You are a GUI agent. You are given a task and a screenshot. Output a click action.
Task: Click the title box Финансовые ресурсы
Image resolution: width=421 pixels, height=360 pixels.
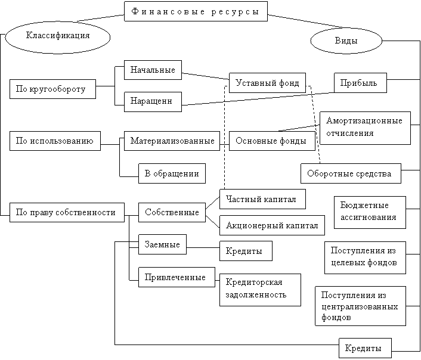pyautogui.click(x=196, y=11)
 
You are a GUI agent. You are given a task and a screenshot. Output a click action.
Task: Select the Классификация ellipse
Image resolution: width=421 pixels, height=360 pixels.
pyautogui.click(x=58, y=37)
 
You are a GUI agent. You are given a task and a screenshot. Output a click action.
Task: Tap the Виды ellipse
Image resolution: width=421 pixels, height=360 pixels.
pyautogui.click(x=346, y=41)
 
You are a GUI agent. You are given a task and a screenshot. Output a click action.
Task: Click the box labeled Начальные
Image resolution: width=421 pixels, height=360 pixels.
pyautogui.click(x=153, y=70)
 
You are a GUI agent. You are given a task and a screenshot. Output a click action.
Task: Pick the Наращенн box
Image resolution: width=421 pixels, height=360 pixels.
pyautogui.click(x=153, y=102)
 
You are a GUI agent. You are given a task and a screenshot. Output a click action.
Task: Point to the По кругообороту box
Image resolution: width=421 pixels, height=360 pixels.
pyautogui.click(x=52, y=89)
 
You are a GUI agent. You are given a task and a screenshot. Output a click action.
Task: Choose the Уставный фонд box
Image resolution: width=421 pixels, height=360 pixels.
pyautogui.click(x=267, y=83)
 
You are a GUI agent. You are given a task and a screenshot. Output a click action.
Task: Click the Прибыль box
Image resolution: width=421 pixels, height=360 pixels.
pyautogui.click(x=360, y=83)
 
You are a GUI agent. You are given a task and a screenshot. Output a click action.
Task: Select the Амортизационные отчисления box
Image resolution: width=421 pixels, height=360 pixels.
pyautogui.click(x=365, y=128)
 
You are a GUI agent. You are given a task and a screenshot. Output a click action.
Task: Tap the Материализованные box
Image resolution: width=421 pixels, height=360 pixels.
pyautogui.click(x=172, y=141)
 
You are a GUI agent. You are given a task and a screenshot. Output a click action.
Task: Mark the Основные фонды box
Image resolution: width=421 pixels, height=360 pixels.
pyautogui.click(x=272, y=141)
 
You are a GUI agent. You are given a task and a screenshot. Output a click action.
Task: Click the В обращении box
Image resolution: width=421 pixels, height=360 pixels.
pyautogui.click(x=172, y=173)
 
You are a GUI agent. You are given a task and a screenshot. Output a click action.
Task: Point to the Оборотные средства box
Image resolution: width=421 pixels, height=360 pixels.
pyautogui.click(x=351, y=173)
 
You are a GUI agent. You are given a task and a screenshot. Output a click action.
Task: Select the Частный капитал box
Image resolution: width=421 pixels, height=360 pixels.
pyautogui.click(x=262, y=199)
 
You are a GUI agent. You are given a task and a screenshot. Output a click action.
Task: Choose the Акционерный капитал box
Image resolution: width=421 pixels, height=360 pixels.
pyautogui.click(x=272, y=225)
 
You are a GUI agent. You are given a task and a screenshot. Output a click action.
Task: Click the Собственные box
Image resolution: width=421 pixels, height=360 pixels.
pyautogui.click(x=172, y=212)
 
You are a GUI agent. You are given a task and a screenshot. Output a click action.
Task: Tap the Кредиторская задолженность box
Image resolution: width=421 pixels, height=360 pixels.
pyautogui.click(x=260, y=290)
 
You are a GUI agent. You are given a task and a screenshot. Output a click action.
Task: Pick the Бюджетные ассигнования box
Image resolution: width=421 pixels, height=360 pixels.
pyautogui.click(x=370, y=212)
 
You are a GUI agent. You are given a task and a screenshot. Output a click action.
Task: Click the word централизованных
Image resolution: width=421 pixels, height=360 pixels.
pyautogui.click(x=360, y=306)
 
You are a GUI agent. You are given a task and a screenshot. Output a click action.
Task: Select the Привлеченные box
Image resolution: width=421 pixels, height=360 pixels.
pyautogui.click(x=177, y=277)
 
